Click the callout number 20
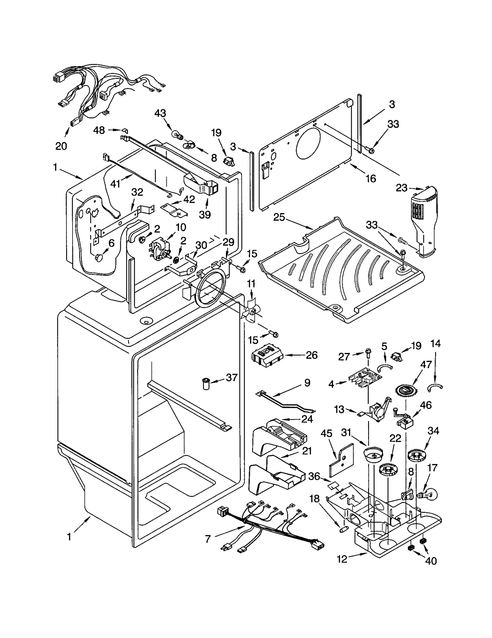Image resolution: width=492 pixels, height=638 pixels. coord(61,146)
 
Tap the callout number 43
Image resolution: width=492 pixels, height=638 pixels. coord(160,113)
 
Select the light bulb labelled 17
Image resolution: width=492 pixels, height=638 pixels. coord(427,495)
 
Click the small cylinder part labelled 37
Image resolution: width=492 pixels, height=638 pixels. coord(205,384)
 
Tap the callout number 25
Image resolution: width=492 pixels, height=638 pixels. coord(279,217)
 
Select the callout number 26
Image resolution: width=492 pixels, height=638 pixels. coord(311,355)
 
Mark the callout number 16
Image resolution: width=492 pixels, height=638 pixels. coord(371,178)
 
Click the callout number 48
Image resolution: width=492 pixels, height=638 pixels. coord(99,130)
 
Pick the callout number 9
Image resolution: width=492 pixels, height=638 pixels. coord(307,382)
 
